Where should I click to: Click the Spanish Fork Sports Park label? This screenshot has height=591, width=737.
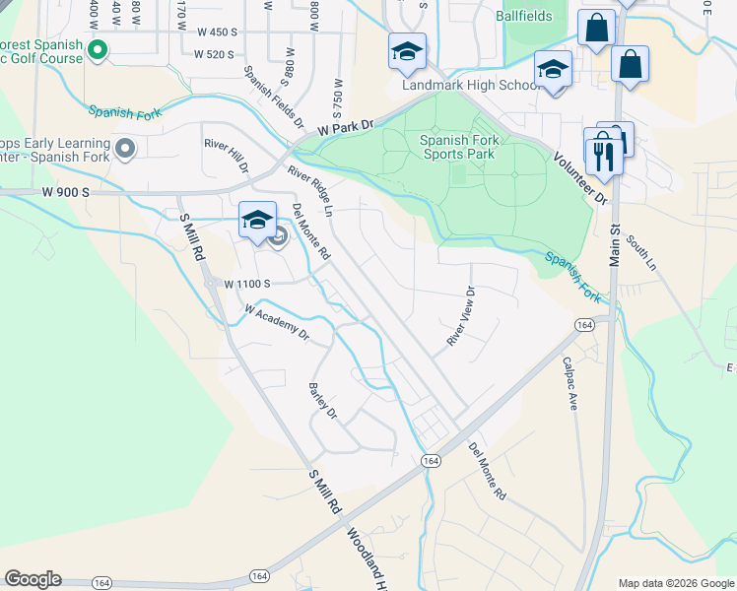459,148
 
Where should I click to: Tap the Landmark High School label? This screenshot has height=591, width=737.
471,85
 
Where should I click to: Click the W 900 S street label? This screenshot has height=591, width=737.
65,192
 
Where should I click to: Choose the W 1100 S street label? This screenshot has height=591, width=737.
247,284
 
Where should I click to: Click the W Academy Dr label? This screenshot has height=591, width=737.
277,322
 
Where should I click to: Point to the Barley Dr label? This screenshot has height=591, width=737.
322,399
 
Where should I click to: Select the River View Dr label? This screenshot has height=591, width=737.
460,316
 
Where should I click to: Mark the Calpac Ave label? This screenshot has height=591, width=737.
569,383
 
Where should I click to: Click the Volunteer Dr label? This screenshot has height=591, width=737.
580,178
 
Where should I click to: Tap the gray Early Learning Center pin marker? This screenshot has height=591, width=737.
124,150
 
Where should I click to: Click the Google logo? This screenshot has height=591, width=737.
33,579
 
